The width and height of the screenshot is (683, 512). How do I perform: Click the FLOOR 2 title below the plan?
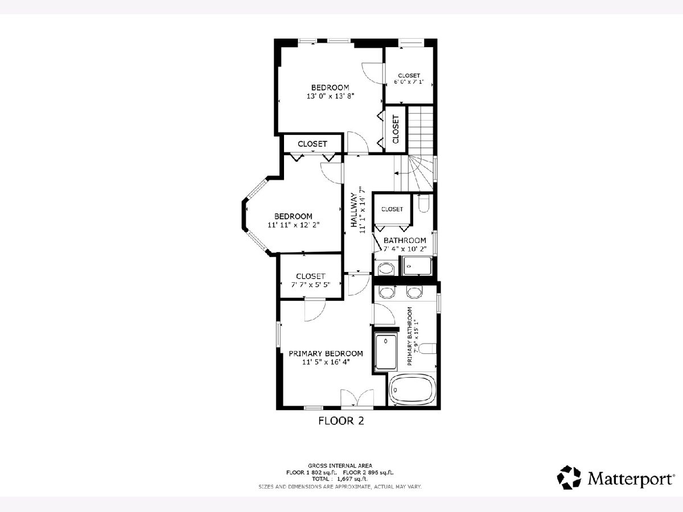(341, 421)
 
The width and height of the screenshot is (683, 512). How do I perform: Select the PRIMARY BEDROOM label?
(326, 354)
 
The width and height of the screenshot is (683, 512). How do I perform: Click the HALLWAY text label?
(354, 210)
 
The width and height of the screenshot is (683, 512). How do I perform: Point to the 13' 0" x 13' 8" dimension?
(331, 96)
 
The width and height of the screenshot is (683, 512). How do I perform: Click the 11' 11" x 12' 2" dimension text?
(294, 225)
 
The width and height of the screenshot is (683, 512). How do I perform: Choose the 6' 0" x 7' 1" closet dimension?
(409, 82)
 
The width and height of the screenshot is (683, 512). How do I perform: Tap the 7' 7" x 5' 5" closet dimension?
(311, 284)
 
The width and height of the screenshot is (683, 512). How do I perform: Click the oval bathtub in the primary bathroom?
(413, 390)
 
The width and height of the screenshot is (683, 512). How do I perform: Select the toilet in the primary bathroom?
(427, 348)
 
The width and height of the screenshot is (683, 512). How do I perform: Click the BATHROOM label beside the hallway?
(405, 240)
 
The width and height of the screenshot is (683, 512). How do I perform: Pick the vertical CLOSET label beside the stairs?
(396, 129)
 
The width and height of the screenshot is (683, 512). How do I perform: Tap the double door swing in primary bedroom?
(357, 398)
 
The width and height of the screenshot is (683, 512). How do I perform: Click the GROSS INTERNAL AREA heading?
(340, 466)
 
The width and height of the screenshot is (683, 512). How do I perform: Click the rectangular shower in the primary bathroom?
(386, 352)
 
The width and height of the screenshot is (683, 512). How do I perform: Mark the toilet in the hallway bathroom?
(424, 203)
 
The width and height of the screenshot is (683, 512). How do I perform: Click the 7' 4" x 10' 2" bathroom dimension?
(405, 249)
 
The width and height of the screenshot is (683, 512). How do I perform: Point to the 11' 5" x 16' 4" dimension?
(326, 362)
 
